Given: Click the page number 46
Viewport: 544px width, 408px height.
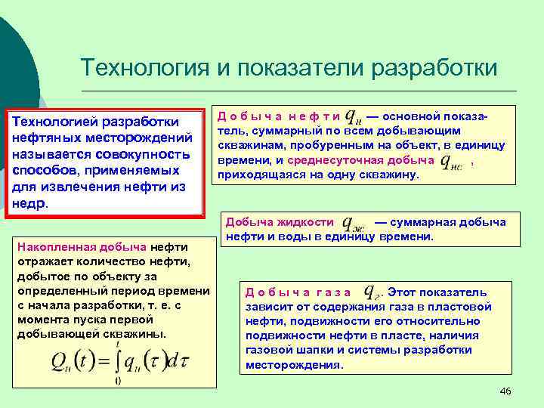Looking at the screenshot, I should coord(506,390).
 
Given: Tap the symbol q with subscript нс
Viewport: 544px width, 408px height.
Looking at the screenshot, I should coord(451,161).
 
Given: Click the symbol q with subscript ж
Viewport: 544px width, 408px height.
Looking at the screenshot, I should coord(354,223).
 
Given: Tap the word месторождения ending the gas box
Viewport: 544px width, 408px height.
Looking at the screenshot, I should coord(292,364).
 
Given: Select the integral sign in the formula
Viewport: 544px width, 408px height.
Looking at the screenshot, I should coord(117,359).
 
